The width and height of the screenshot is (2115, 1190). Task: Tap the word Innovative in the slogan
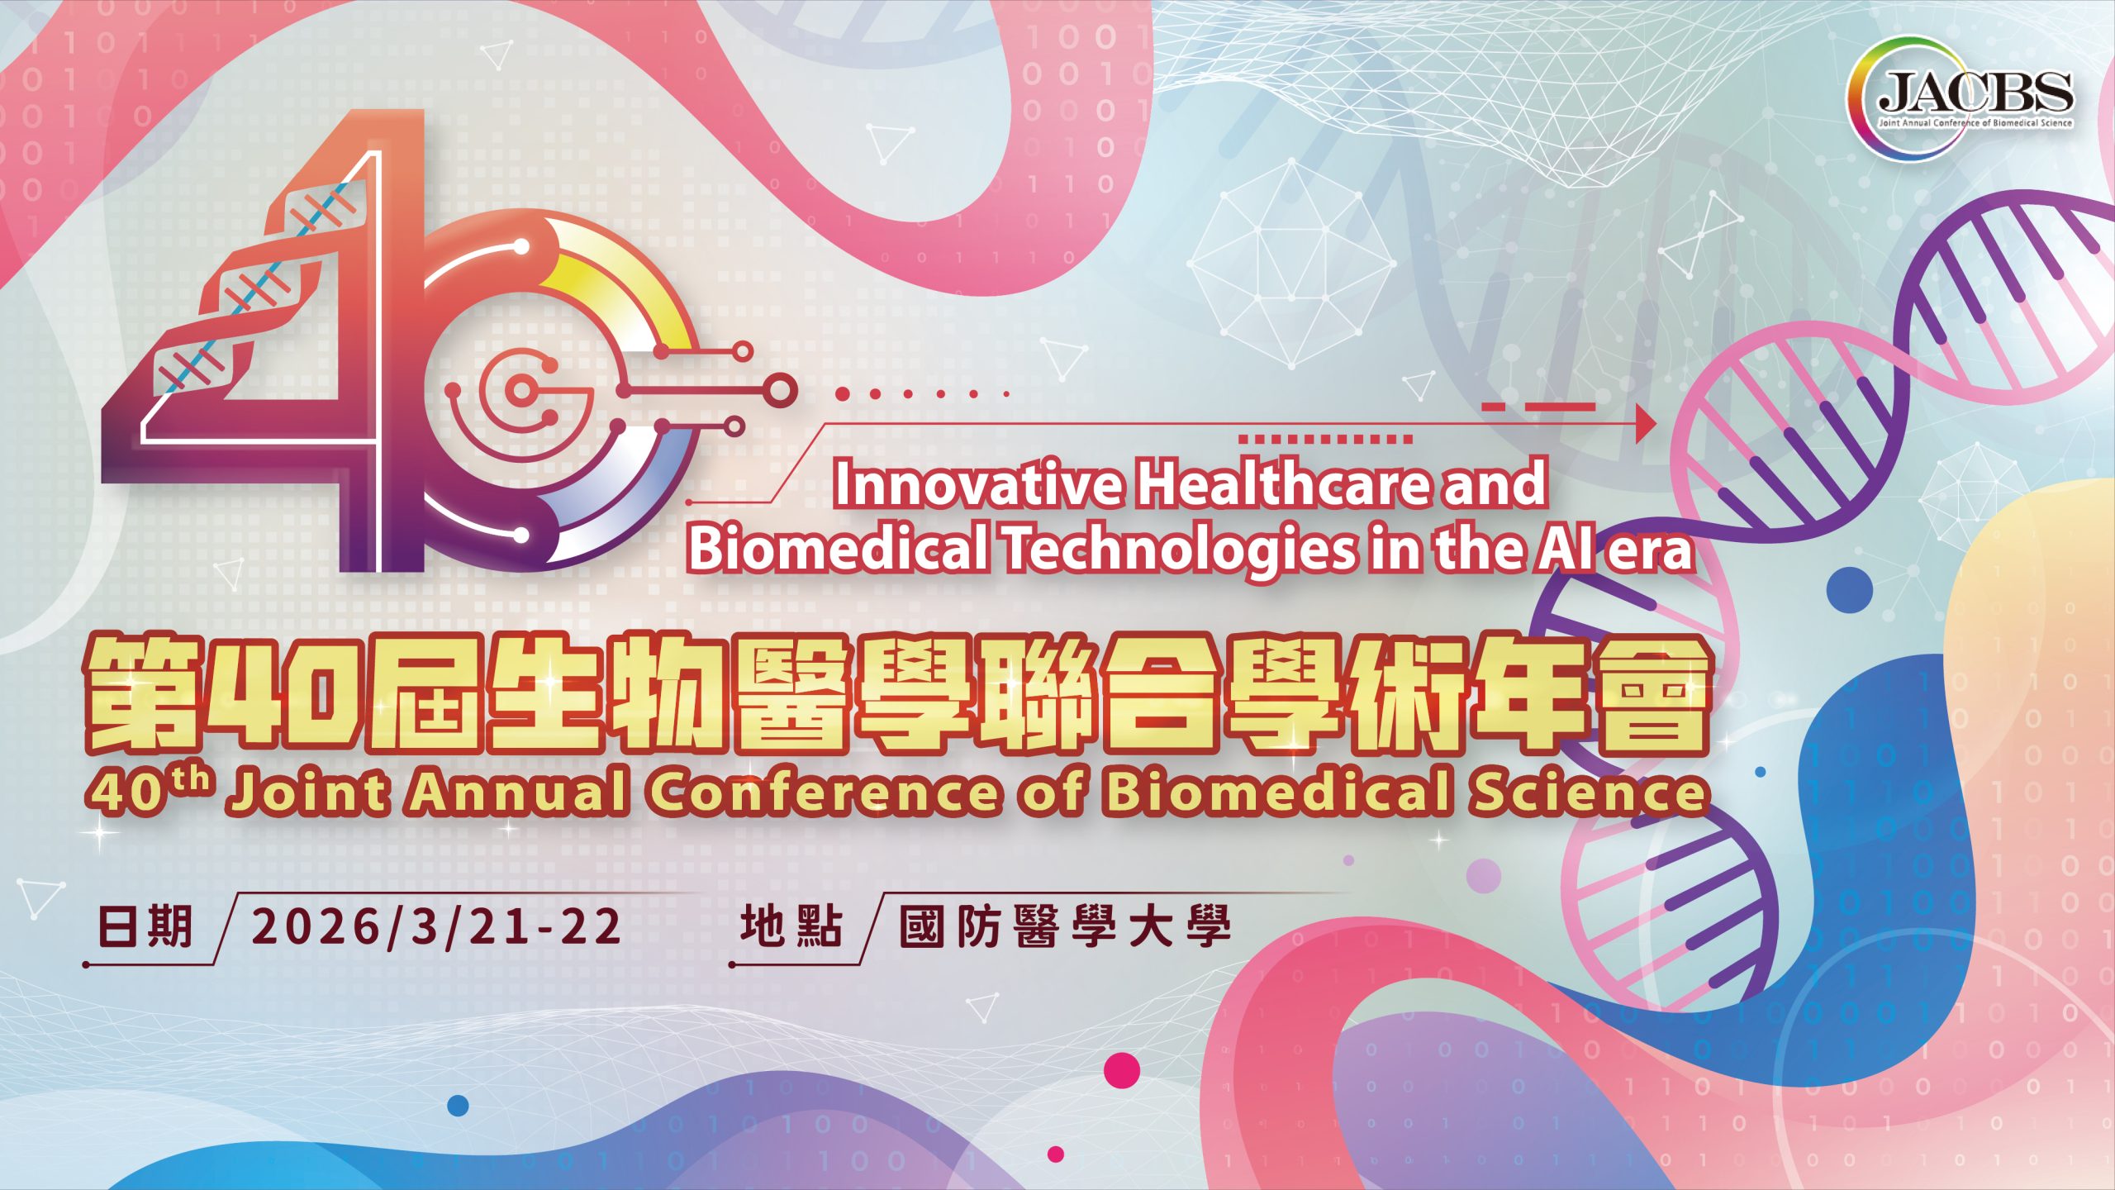[x=977, y=484]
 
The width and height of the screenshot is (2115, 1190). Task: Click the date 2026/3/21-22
[x=436, y=926]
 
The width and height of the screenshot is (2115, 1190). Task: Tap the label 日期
[x=145, y=926]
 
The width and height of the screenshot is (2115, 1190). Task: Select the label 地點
[x=791, y=926]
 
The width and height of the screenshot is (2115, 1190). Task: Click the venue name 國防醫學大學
[x=1066, y=926]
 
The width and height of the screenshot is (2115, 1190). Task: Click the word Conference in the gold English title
[x=823, y=793]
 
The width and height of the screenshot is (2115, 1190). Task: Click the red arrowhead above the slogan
[x=1647, y=424]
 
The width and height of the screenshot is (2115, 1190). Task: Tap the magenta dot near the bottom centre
[x=1121, y=1069]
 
